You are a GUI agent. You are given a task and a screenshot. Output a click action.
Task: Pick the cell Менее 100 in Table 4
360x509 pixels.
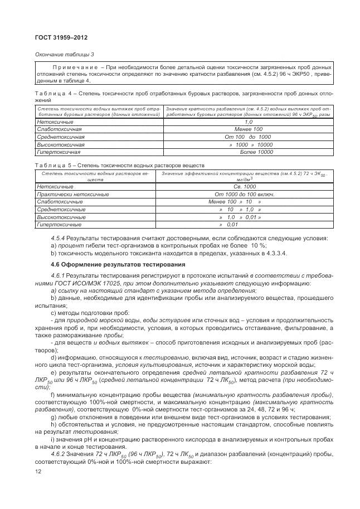point(249,129)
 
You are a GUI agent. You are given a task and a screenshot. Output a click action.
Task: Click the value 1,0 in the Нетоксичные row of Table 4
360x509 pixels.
point(249,122)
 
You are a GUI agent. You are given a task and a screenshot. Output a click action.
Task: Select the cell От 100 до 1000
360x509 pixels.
point(249,137)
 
